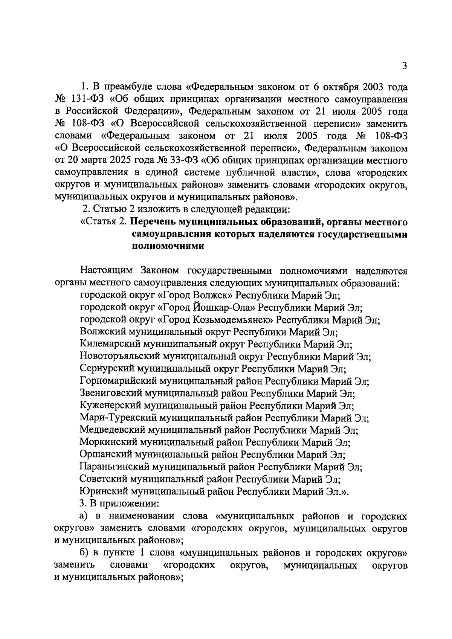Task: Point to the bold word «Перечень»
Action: coord(152,222)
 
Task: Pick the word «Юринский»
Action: coord(100,491)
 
